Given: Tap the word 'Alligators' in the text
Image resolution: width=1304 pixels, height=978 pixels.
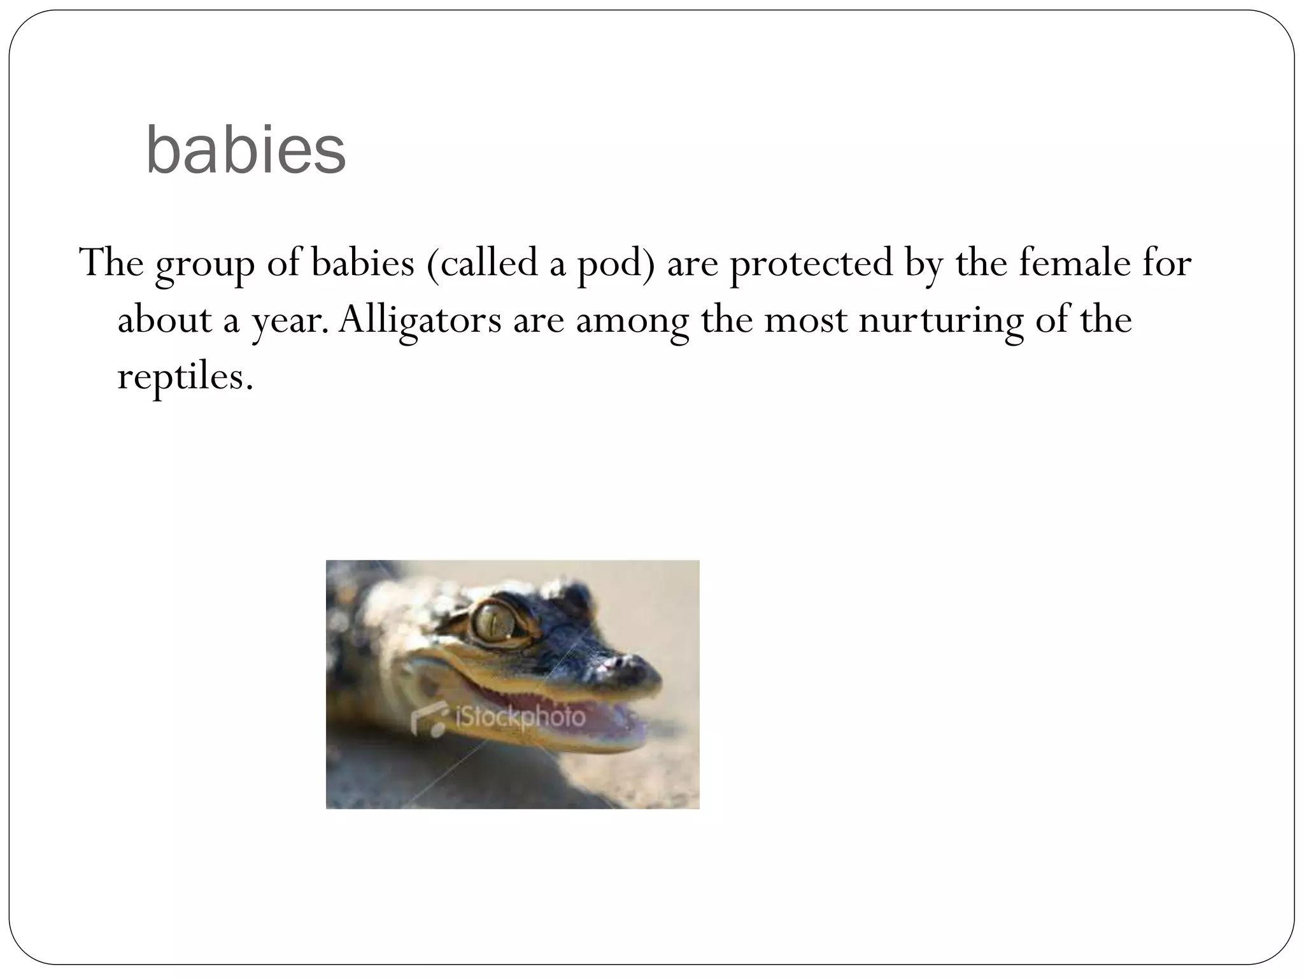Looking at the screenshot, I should [x=420, y=320].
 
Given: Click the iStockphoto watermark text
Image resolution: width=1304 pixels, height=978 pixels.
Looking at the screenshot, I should [x=520, y=717].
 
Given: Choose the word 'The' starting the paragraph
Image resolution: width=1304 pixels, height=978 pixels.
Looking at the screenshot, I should [x=111, y=262].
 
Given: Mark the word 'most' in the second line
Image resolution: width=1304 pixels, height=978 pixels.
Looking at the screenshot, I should [x=805, y=320].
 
